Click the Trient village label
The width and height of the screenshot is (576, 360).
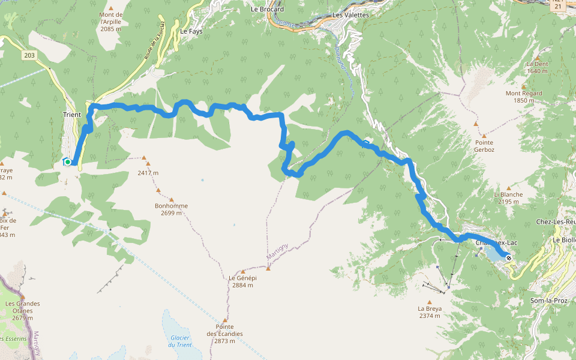coord(71,115)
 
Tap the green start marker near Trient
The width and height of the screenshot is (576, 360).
coord(68,162)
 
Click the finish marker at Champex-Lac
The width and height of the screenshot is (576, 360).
coord(509,258)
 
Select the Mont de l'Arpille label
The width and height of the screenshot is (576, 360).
coord(111,22)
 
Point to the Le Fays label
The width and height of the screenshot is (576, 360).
coord(191,32)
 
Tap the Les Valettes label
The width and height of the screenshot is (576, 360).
coord(350,15)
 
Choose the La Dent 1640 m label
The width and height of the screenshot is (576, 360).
coord(537,67)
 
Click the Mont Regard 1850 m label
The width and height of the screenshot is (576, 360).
coord(524,97)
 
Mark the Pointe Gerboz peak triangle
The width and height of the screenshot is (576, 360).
coord(476,124)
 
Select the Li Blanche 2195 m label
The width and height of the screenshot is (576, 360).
coord(508,198)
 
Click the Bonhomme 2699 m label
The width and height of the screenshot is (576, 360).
coord(171,209)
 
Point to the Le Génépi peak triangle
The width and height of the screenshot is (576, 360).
coord(268,268)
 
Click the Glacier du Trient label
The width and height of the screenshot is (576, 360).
coord(180,341)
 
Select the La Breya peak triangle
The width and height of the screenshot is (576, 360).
coord(430,302)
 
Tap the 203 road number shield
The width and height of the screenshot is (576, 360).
coord(29,55)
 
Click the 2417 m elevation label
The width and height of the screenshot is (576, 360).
coord(148,173)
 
